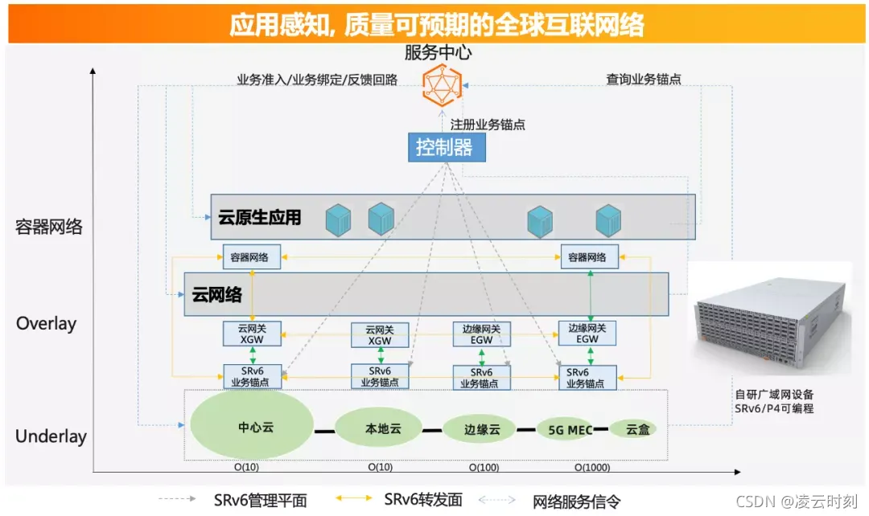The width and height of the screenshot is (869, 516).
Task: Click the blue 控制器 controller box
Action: coord(445,147)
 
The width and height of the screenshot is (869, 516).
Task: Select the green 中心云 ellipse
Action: coord(252,427)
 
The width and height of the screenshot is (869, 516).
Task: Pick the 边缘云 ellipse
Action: coord(482,429)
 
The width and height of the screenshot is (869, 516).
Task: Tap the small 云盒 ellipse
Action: coord(636,429)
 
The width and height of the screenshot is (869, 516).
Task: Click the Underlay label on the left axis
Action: coord(51,437)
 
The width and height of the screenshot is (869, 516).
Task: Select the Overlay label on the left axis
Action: coord(46,324)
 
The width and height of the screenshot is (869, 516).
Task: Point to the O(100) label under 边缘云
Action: coord(484,467)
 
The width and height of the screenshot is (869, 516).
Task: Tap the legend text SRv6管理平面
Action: coord(260,500)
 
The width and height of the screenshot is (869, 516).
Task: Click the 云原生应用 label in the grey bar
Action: coord(259,217)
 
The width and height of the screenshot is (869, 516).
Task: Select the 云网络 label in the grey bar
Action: coord(217,294)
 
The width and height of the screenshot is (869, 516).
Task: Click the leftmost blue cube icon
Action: coord(339,219)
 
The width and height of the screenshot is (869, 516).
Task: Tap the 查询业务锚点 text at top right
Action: coord(644,79)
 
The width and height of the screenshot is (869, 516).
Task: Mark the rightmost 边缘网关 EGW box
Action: coord(587,334)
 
